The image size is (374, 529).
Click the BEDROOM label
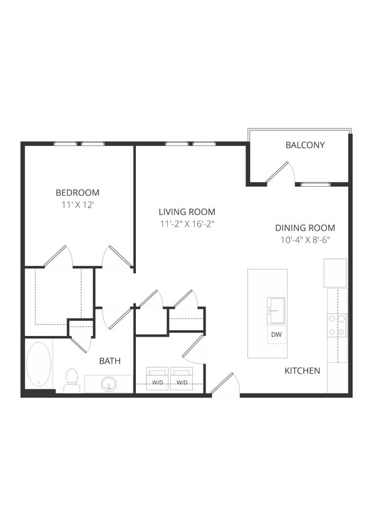click(78, 192)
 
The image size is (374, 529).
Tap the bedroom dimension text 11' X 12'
click(78, 205)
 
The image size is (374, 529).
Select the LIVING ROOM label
click(187, 212)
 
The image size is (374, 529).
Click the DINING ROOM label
click(304, 228)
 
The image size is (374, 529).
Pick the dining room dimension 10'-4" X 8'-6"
click(304, 240)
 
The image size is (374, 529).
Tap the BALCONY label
click(305, 145)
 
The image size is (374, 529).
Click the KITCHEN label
click(302, 371)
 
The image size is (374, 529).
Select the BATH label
click(110, 361)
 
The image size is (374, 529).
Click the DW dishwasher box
click(276, 335)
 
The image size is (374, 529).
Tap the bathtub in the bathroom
click(39, 364)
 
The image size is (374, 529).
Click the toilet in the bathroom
click(71, 380)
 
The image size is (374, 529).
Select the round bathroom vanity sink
click(110, 384)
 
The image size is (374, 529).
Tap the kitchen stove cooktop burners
click(336, 325)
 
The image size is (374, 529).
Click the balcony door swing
click(279, 173)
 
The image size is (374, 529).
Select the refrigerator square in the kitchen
click(335, 273)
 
